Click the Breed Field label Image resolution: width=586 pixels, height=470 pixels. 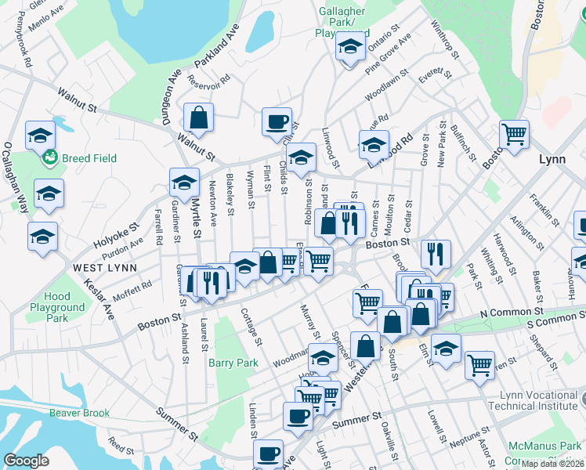tap(89, 158)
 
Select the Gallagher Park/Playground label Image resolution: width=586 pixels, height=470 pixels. tap(346, 22)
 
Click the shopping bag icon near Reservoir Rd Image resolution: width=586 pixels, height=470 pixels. tap(199, 118)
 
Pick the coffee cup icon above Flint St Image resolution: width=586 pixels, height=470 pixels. tap(277, 122)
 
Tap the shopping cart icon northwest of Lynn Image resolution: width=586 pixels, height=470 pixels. tap(513, 135)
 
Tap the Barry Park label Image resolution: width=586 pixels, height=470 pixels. tap(233, 363)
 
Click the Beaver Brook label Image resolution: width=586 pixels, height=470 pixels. tap(82, 413)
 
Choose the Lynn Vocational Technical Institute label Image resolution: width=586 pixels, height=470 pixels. tap(533, 400)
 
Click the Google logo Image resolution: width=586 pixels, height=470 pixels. tap(27, 461)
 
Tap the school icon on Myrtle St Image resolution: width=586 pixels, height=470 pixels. tap(184, 183)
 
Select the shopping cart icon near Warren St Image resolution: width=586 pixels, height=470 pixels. tap(479, 364)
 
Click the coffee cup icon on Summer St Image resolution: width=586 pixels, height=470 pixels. tap(297, 416)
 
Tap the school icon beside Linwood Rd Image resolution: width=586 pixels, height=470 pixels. tap(374, 144)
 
